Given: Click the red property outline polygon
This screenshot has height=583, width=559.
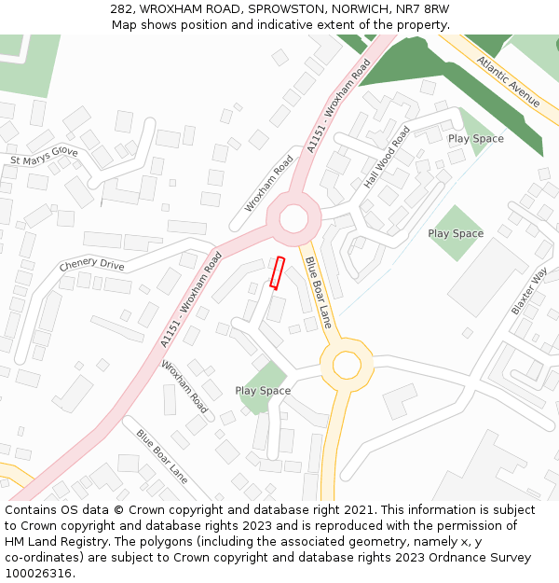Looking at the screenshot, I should pyautogui.click(x=276, y=271).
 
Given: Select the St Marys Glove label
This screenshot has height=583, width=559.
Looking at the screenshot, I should pyautogui.click(x=44, y=156).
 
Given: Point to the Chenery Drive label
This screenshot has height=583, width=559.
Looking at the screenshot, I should pyautogui.click(x=91, y=265).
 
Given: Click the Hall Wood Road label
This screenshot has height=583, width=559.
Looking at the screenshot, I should pyautogui.click(x=387, y=158).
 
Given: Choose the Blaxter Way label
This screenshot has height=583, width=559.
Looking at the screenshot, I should pyautogui.click(x=529, y=292).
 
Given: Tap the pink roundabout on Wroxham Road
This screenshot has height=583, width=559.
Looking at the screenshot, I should pyautogui.click(x=293, y=219).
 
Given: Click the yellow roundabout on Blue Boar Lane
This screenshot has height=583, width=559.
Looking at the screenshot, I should pyautogui.click(x=346, y=364).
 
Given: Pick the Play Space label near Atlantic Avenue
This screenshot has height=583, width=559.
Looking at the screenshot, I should pyautogui.click(x=475, y=139).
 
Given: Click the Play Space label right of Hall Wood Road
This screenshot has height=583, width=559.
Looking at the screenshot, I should pyautogui.click(x=456, y=233).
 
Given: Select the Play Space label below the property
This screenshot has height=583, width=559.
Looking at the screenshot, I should pyautogui.click(x=263, y=391).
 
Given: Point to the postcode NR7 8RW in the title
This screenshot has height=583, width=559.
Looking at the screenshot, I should pyautogui.click(x=424, y=8).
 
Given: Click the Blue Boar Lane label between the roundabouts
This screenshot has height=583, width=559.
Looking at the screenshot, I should pyautogui.click(x=319, y=293).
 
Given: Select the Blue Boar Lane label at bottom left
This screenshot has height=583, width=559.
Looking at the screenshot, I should pyautogui.click(x=161, y=456).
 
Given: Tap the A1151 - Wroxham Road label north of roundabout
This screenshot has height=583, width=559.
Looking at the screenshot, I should pyautogui.click(x=339, y=104).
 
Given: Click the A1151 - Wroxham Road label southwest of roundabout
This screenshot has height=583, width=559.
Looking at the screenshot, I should pyautogui.click(x=190, y=299).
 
